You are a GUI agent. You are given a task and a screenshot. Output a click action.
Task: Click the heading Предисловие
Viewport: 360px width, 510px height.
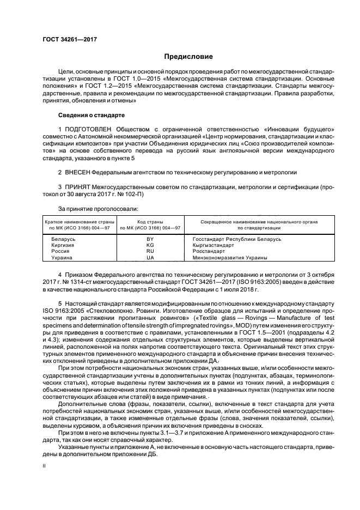pyautogui.click(x=189, y=57)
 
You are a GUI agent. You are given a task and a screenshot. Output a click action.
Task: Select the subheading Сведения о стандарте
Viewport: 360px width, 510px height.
pyautogui.click(x=91, y=116)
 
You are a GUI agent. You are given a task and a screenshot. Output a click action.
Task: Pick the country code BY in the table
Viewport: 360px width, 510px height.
pyautogui.click(x=150, y=239)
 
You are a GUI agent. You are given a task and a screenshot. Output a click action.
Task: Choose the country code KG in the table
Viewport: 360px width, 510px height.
pyautogui.click(x=150, y=245)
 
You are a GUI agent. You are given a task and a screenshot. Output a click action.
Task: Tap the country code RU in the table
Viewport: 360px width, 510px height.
pyautogui.click(x=150, y=251)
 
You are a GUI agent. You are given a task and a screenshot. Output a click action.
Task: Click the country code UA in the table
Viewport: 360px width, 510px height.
pyautogui.click(x=150, y=257)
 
